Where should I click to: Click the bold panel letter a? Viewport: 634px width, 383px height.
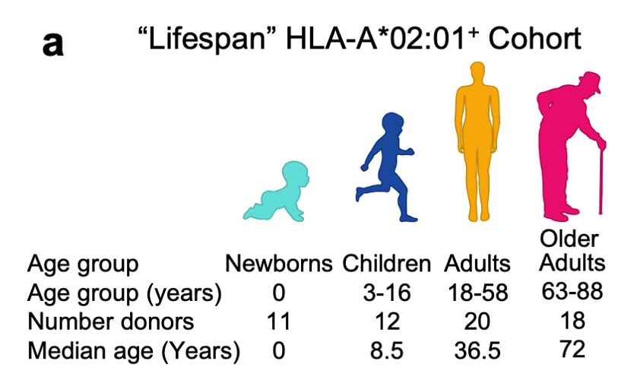tap(52, 45)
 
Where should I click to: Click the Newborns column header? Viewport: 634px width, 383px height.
tap(279, 264)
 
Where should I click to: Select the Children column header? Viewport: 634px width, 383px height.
tap(386, 264)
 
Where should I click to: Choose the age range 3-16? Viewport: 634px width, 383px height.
tap(386, 293)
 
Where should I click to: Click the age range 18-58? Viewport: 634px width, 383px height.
tap(477, 293)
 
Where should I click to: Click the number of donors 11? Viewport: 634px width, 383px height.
tap(279, 321)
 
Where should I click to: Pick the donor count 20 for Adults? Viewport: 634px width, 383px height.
tap(477, 321)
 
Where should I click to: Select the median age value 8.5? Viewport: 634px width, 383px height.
tap(386, 350)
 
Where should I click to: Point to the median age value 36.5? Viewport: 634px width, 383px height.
tap(477, 350)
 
